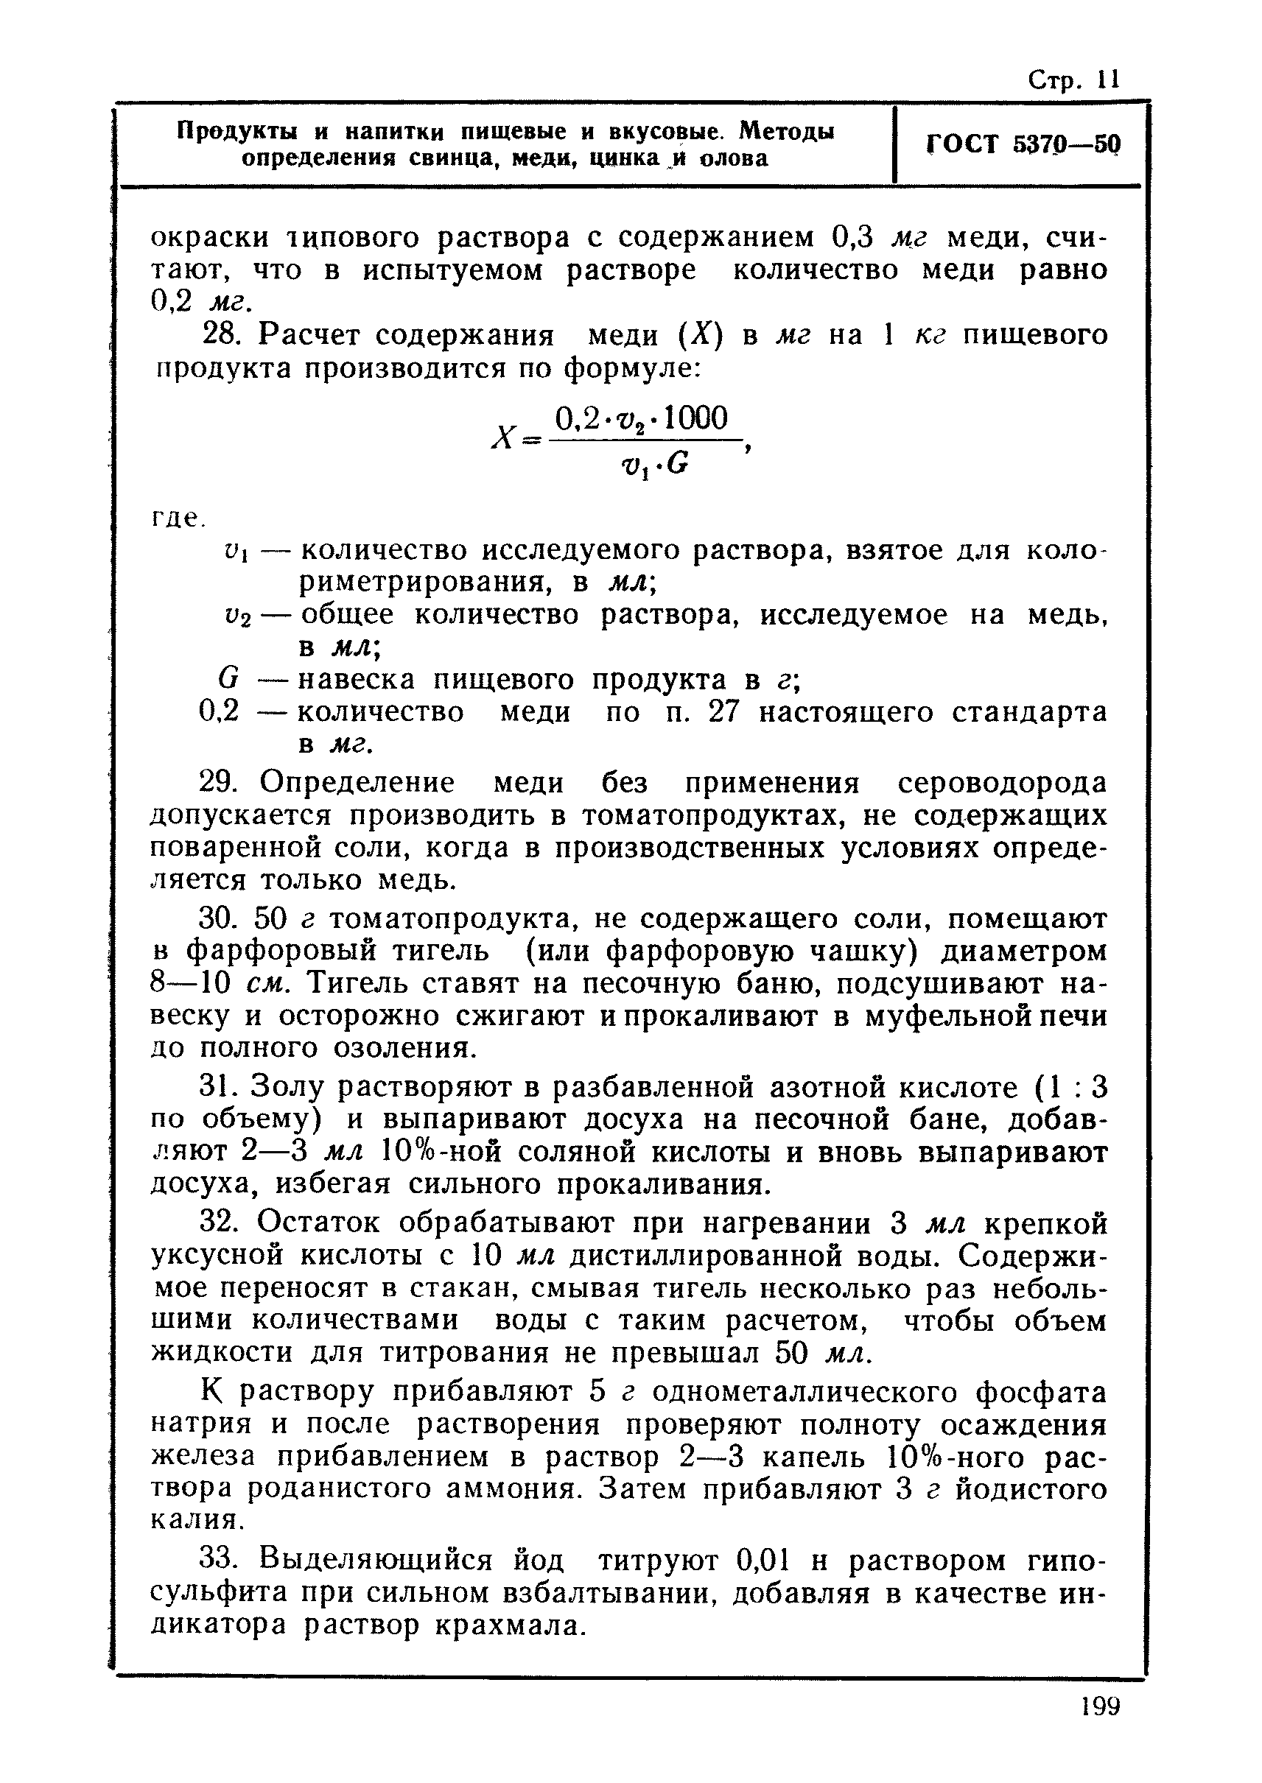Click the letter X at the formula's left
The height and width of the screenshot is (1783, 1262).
502,440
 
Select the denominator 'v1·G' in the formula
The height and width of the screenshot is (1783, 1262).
654,465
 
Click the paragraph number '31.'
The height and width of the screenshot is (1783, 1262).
222,1088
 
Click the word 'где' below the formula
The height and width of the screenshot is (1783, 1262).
172,517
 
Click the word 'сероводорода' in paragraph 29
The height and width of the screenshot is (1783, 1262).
1002,782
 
